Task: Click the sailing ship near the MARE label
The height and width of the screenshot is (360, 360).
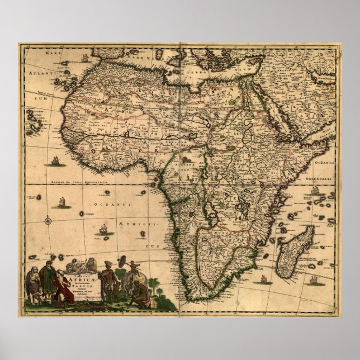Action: click(84, 57)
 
